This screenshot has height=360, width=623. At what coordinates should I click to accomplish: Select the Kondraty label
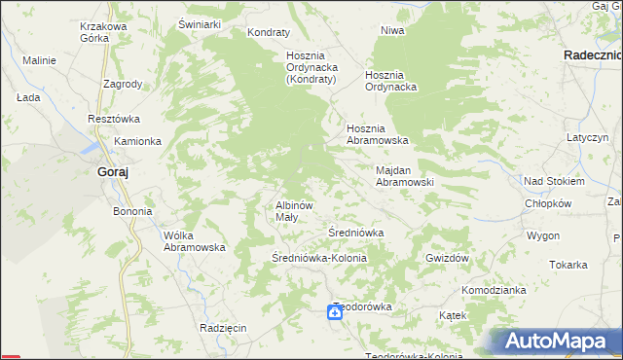point(270,32)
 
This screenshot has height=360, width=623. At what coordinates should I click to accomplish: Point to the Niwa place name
point(392,30)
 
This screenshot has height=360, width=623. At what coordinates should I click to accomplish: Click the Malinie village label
point(39,60)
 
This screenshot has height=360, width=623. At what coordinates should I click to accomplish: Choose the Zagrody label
point(123,84)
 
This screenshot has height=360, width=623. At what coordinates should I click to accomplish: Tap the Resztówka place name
point(114,119)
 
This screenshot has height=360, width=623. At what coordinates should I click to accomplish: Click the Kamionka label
point(137,141)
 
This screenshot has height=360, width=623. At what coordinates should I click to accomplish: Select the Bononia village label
point(132,211)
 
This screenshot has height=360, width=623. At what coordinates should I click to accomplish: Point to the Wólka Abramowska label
point(195,240)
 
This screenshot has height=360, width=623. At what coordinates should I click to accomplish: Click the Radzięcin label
point(223,328)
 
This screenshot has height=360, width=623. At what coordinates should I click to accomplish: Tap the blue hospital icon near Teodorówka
point(334,311)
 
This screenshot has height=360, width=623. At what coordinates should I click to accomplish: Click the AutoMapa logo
point(558,342)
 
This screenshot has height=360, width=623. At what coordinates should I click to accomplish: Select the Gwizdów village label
point(448,258)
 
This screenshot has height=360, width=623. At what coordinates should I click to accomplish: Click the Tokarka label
point(568,265)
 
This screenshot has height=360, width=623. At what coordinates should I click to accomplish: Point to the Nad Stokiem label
point(554,181)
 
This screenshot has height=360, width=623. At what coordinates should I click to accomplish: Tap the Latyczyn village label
point(588,138)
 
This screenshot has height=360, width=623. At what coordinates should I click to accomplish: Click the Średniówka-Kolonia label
point(318,258)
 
